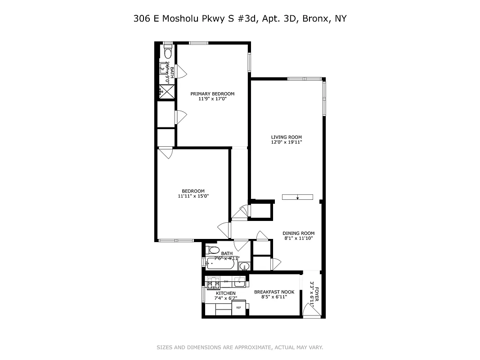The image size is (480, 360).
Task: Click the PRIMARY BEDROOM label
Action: (212, 94)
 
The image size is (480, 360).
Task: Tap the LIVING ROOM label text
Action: (286, 137)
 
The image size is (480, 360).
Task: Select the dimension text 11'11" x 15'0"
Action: (193, 196)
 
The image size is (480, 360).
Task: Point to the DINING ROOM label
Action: (298, 233)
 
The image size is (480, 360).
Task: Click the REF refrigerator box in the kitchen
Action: (238, 308)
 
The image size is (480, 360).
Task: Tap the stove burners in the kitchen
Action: (212, 285)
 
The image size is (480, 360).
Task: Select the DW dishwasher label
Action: (226, 282)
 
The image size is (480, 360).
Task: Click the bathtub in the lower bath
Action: (220, 264)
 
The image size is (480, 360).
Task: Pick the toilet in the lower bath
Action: (213, 250)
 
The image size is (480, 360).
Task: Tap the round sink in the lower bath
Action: (243, 265)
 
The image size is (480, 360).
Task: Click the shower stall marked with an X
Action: (166, 92)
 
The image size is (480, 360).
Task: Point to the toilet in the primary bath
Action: (167, 53)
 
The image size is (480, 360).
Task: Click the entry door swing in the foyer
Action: (309, 310)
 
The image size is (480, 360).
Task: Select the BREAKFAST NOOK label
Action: (274, 292)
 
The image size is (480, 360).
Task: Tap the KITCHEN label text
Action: (225, 293)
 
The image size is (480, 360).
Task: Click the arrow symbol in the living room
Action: (297, 197)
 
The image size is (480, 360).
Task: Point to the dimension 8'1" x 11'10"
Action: (298, 238)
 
